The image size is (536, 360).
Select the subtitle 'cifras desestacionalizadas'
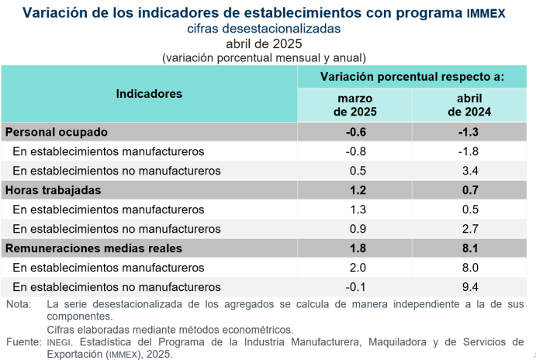pyautogui.click(x=264, y=29)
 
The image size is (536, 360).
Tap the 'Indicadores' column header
pyautogui.click(x=149, y=94)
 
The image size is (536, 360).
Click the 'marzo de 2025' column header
pyautogui.click(x=355, y=105)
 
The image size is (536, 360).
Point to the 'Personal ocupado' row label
pyautogui.click(x=57, y=132)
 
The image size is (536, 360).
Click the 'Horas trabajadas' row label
pyautogui.click(x=54, y=190)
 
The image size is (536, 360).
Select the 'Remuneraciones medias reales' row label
pyautogui.click(x=94, y=248)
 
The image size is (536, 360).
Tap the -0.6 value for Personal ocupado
pyautogui.click(x=355, y=132)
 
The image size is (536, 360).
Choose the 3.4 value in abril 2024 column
pyautogui.click(x=470, y=171)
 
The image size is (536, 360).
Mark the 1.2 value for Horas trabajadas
pyautogui.click(x=355, y=190)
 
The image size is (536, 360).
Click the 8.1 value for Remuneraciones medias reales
pyautogui.click(x=470, y=248)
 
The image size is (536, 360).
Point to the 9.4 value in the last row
pyautogui.click(x=470, y=286)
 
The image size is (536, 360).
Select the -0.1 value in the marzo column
pyautogui.click(x=355, y=286)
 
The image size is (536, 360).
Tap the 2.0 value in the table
pyautogui.click(x=355, y=268)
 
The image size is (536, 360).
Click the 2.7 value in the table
pyautogui.click(x=470, y=229)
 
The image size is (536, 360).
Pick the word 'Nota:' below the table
pyautogui.click(x=18, y=304)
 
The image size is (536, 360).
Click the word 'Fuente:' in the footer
pyautogui.click(x=22, y=342)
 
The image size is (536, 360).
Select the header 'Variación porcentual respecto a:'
pyautogui.click(x=412, y=78)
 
